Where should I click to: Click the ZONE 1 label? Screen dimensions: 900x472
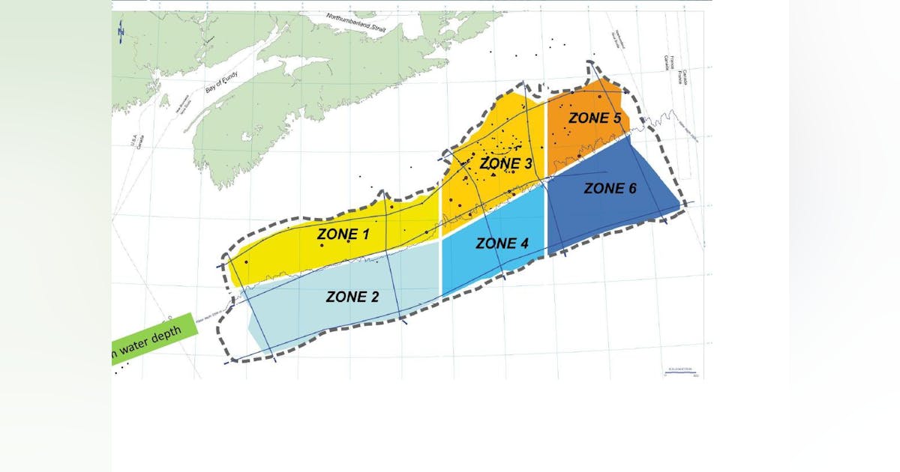[343, 235]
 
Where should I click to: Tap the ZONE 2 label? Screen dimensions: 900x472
[352, 297]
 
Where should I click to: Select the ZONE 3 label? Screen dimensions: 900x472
[505, 163]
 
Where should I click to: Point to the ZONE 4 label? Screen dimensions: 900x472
[507, 243]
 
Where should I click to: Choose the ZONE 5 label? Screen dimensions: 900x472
[595, 118]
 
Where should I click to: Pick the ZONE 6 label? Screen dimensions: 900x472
[610, 189]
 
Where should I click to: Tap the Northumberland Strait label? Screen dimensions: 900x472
[355, 26]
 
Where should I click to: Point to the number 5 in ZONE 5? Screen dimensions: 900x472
[616, 118]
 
